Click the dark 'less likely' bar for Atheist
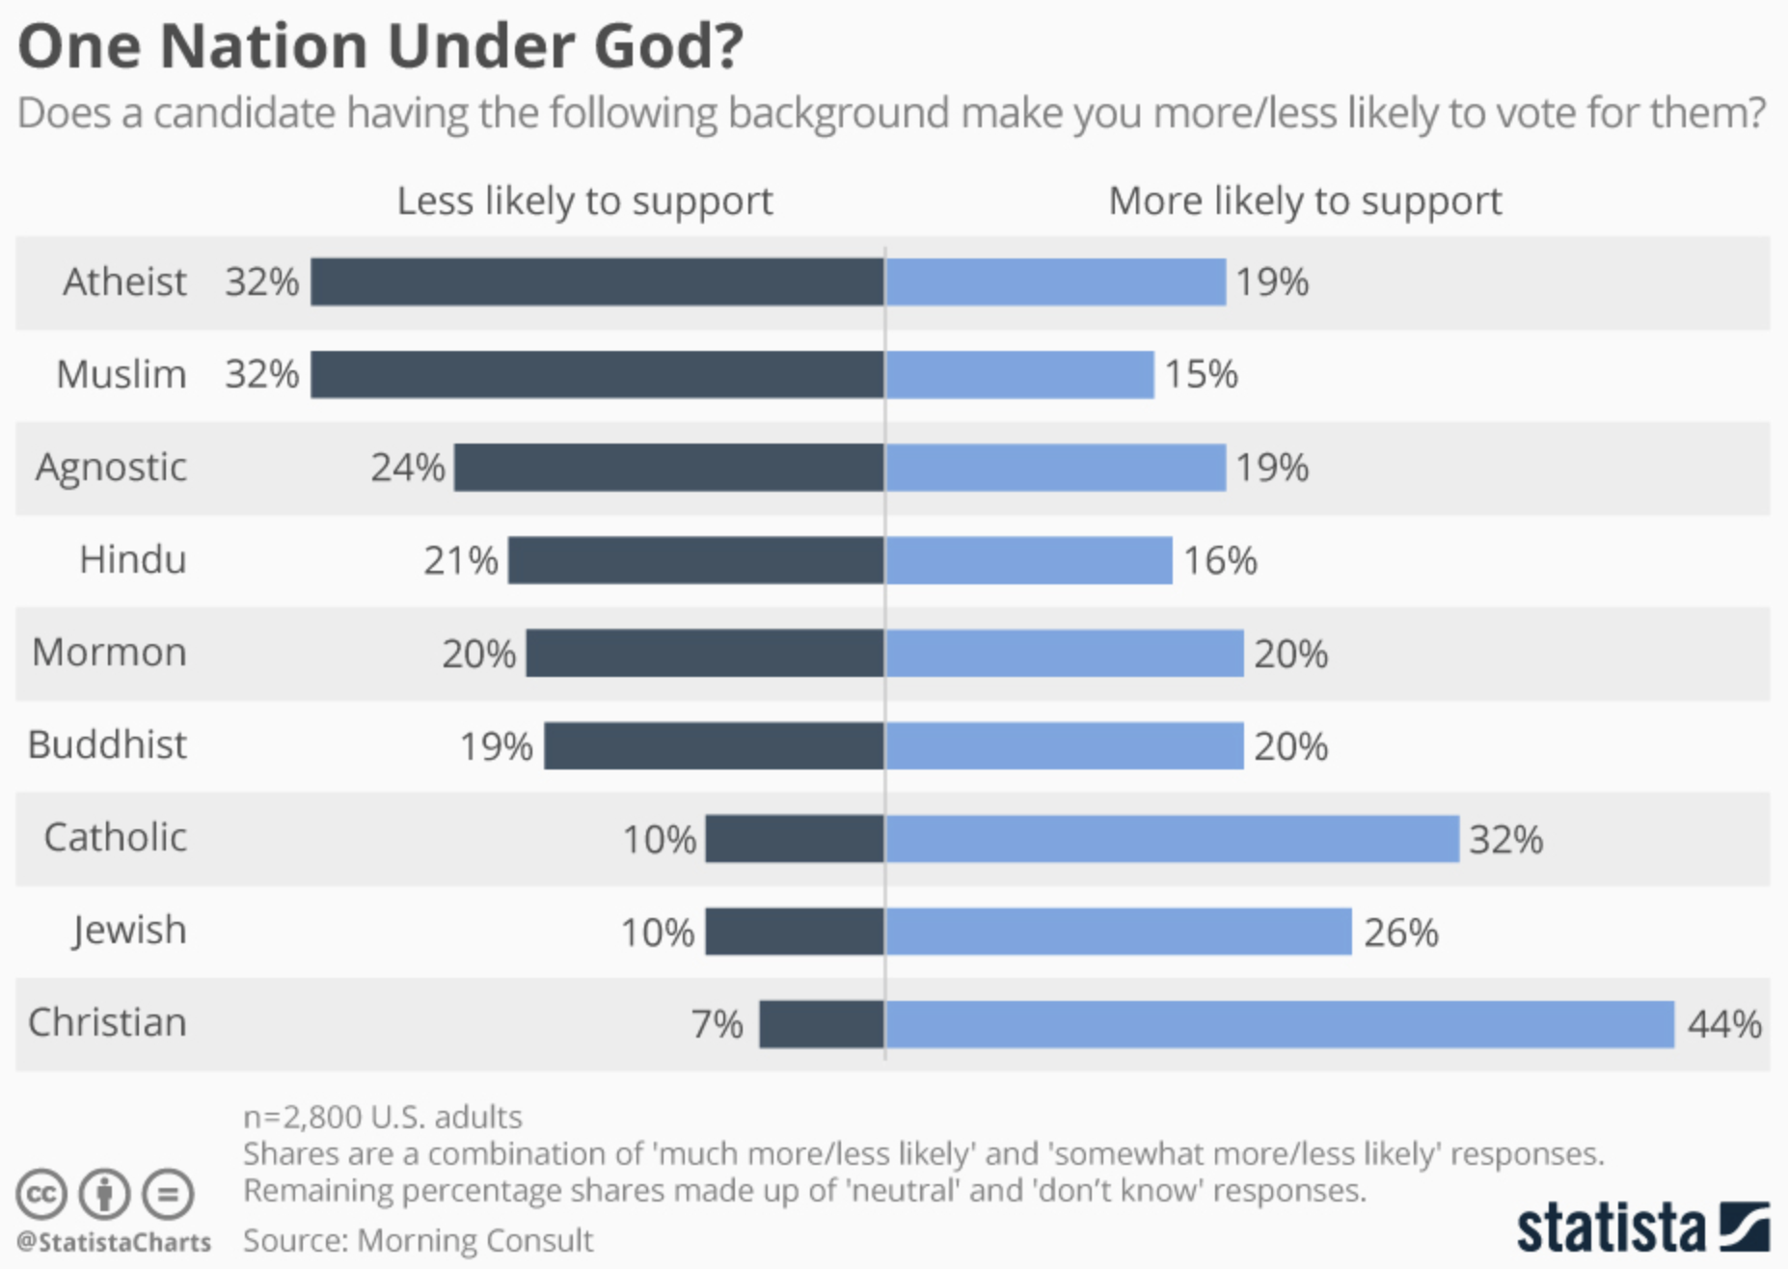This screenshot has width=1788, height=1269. (x=597, y=282)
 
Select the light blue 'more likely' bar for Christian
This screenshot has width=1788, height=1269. (x=1280, y=1024)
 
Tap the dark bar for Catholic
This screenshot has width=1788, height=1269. (x=794, y=838)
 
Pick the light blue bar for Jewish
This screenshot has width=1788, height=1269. (x=1119, y=931)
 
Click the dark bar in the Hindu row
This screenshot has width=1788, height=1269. (x=695, y=560)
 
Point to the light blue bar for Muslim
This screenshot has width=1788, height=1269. (x=1019, y=374)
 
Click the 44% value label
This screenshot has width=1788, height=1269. (x=1723, y=1024)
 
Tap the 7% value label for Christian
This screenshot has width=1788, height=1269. (x=717, y=1024)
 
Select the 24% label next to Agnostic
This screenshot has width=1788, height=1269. (x=408, y=468)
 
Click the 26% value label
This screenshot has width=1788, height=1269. (x=1400, y=932)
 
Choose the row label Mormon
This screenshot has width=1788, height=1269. (x=109, y=653)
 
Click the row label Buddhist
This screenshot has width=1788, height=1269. (x=107, y=745)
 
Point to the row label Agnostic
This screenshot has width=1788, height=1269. (x=111, y=468)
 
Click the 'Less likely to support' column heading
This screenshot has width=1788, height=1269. (x=584, y=202)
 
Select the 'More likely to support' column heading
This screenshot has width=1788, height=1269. (x=1305, y=202)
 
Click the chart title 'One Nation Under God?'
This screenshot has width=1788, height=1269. (x=380, y=45)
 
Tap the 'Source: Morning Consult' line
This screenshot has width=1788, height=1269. (x=418, y=1240)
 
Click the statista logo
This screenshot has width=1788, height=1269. (x=1642, y=1228)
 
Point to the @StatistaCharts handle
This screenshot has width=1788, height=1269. (x=114, y=1242)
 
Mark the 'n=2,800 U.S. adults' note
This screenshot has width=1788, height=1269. (x=382, y=1117)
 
